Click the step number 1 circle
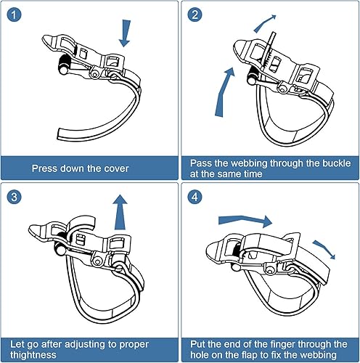click(x=14, y=15)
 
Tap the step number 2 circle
click(x=195, y=15)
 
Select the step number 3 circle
click(x=14, y=197)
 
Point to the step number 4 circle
click(x=195, y=197)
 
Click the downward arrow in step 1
click(x=126, y=33)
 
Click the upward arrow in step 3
click(x=120, y=212)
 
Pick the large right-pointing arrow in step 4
click(x=245, y=221)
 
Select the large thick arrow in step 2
click(x=224, y=93)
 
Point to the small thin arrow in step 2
click(x=263, y=23)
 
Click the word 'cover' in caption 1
click(x=115, y=168)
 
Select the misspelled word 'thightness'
click(x=33, y=355)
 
